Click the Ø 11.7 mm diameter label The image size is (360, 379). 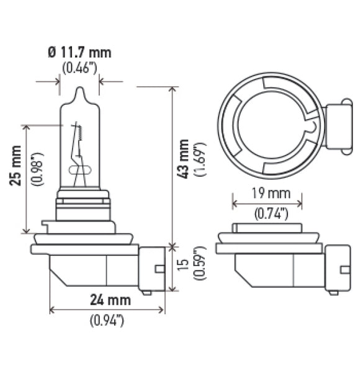[79, 52]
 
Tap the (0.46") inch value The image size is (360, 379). [79, 66]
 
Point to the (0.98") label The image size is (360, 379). [35, 165]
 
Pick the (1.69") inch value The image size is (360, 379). [200, 160]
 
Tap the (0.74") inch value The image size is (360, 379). [271, 214]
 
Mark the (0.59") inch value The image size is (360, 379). [200, 265]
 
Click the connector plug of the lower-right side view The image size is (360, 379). [337, 267]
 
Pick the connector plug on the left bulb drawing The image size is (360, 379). [152, 268]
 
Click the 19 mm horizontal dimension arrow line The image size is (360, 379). [267, 202]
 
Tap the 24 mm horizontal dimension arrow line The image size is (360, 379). [107, 309]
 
